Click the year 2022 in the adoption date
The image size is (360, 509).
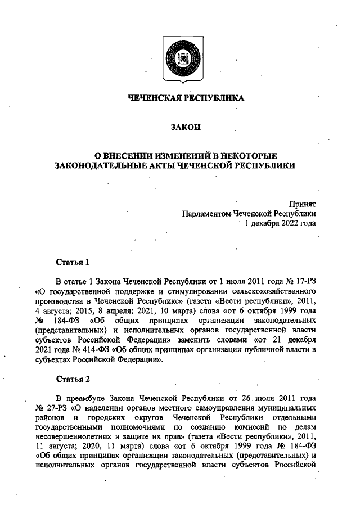[288, 223]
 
